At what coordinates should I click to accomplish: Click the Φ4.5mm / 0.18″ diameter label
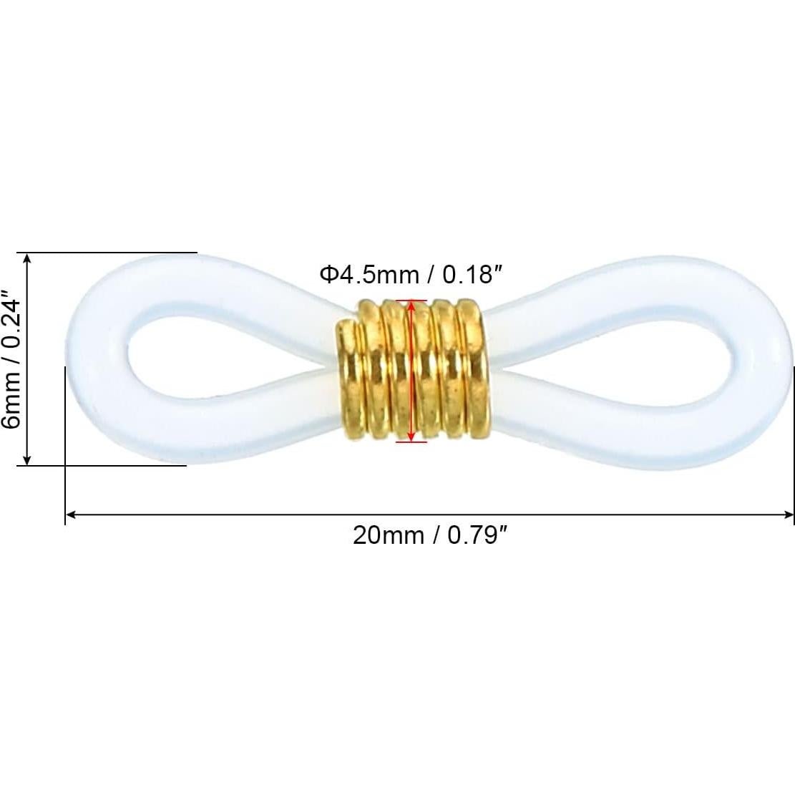[x=405, y=274]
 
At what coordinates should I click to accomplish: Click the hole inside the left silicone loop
[x=208, y=358]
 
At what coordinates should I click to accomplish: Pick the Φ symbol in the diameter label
[x=328, y=274]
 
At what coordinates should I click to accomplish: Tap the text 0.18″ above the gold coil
[x=468, y=274]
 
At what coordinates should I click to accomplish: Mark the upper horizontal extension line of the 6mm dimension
[x=107, y=253]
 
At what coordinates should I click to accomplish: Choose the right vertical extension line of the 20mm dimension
[x=794, y=444]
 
